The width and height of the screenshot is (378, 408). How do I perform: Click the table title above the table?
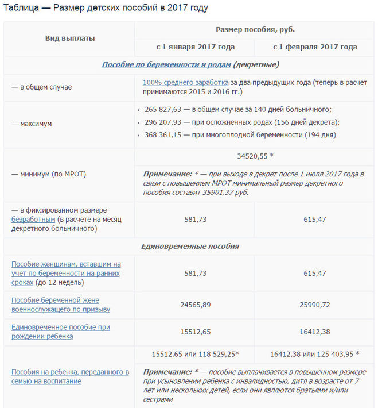click(106, 8)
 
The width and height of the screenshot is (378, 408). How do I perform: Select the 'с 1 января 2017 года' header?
click(195, 47)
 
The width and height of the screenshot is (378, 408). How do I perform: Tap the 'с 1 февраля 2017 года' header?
click(315, 47)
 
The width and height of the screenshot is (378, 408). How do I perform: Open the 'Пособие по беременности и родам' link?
click(166, 65)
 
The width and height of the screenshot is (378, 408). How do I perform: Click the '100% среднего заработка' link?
click(185, 82)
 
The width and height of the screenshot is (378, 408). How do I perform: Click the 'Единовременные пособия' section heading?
click(190, 247)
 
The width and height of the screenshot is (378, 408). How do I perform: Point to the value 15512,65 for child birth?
click(195, 332)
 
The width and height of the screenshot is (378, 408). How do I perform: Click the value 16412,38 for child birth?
click(314, 332)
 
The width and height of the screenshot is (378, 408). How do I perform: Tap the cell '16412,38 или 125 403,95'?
click(314, 354)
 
